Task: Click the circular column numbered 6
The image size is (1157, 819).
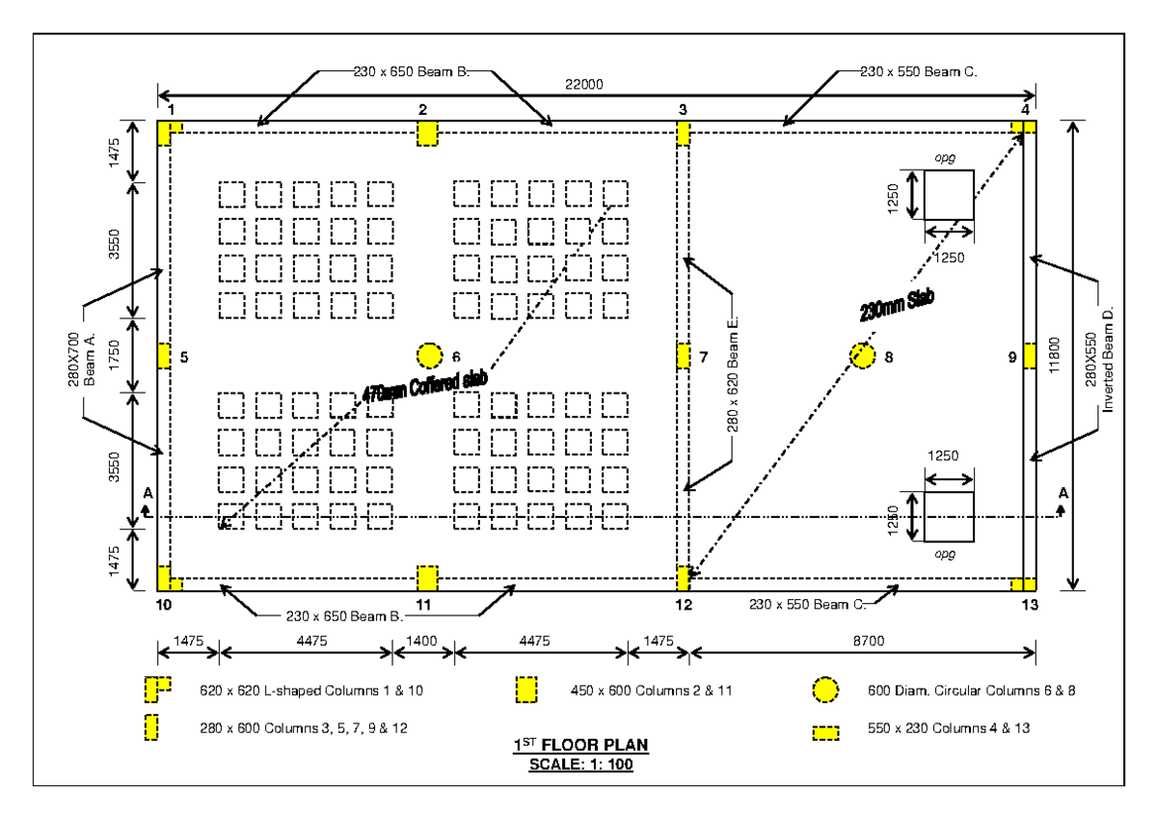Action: [x=427, y=355]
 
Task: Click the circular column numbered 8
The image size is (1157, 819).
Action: [x=862, y=355]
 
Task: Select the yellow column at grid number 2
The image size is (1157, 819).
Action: [x=427, y=134]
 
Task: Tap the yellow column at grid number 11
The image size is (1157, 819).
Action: [x=427, y=578]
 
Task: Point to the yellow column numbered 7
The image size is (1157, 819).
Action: [x=683, y=355]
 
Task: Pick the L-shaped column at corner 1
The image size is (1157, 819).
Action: [x=169, y=132]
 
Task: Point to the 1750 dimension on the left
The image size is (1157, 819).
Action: [x=115, y=354]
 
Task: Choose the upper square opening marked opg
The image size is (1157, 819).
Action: [x=949, y=194]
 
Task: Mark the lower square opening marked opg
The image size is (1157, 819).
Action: [x=949, y=516]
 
